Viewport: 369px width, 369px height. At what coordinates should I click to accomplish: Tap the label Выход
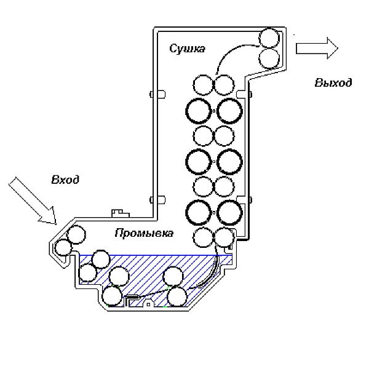333,83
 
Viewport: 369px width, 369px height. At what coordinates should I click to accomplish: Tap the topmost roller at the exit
269,38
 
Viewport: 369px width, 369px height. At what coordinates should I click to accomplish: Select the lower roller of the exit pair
269,58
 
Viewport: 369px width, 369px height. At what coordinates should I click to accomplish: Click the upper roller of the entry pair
76,234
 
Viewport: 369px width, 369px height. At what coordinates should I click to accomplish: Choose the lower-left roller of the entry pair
63,248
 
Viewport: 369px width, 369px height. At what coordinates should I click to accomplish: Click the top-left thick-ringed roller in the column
199,111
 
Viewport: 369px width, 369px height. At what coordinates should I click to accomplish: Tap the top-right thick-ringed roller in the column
229,111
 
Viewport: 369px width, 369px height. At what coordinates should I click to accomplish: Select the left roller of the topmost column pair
202,84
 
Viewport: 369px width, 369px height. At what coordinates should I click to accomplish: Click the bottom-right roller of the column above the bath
222,237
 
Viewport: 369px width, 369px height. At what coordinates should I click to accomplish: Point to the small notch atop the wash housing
116,213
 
